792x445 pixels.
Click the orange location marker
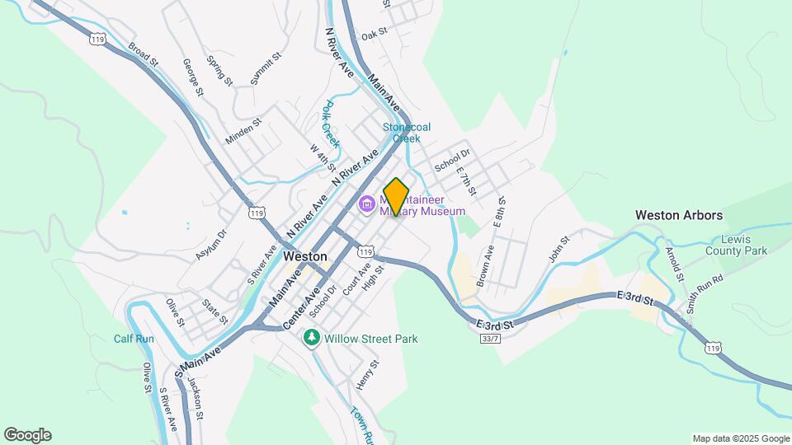point(396,196)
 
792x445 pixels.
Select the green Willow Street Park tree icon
point(312,338)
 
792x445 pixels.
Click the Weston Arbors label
point(678,215)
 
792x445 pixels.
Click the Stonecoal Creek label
point(407,133)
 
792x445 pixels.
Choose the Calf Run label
point(134,339)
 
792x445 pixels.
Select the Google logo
point(27,435)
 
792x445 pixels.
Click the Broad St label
point(142,54)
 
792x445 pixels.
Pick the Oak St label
point(374,34)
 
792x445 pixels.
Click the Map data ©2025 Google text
point(740,438)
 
